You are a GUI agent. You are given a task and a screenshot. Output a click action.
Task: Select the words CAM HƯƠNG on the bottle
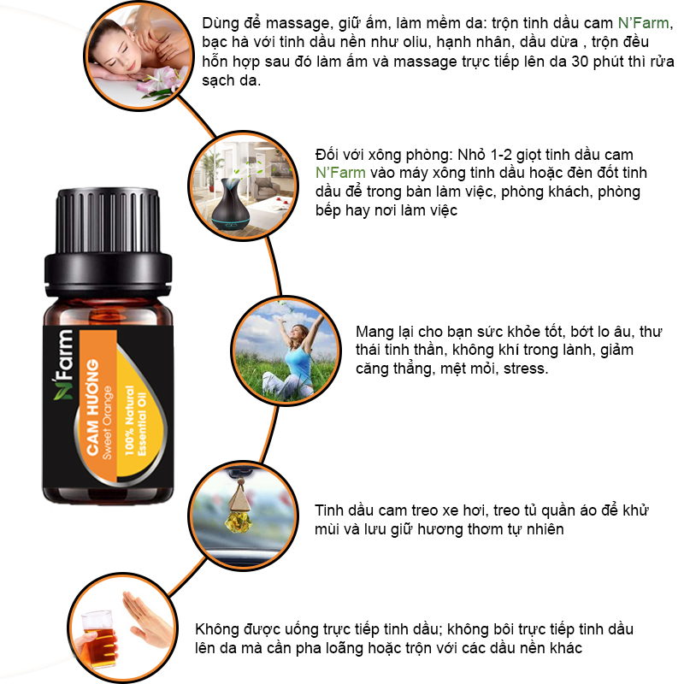92,408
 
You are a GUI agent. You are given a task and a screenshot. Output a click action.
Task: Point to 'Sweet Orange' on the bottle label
108,422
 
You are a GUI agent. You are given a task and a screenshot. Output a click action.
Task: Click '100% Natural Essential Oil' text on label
135,421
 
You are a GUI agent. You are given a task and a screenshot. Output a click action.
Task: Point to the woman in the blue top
292,356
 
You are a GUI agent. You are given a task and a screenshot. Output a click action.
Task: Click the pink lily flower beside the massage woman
160,80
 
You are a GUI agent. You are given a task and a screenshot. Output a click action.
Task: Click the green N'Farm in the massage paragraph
644,23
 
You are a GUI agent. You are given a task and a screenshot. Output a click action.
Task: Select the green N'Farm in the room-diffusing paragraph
340,173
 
